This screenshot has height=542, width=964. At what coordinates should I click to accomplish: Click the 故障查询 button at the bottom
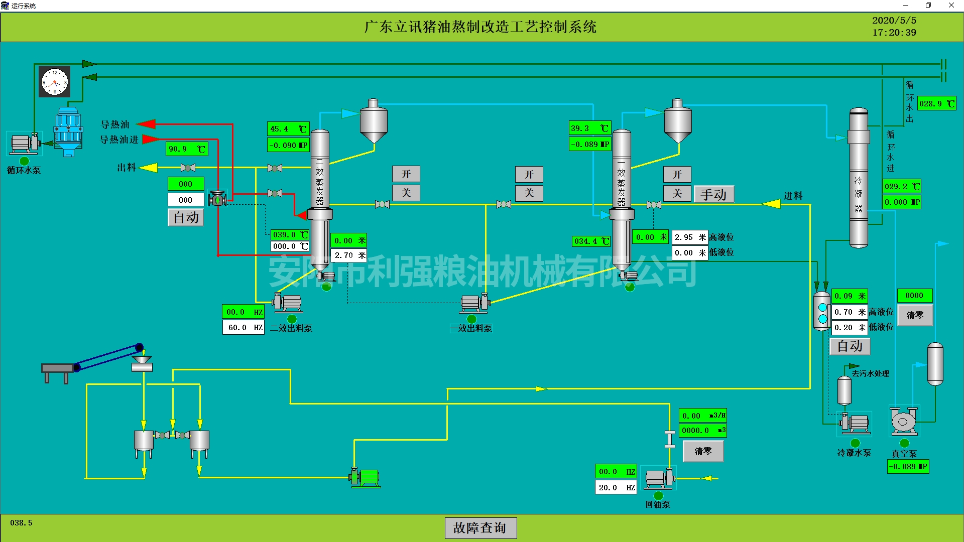480,528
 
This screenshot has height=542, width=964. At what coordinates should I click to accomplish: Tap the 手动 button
713,194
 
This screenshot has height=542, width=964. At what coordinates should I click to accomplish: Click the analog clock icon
55,82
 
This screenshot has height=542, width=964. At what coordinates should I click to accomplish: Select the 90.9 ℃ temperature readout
186,149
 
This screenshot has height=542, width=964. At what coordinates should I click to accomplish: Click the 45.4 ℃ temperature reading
288,129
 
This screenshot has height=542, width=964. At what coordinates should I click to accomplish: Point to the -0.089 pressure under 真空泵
908,467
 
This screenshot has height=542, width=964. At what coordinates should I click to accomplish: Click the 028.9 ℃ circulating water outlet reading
936,104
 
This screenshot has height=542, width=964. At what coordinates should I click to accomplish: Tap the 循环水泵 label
24,171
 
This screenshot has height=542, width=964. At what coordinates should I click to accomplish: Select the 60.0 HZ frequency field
244,328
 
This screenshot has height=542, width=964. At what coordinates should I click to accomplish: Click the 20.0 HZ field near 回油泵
616,487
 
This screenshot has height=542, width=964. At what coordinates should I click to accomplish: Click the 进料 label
793,196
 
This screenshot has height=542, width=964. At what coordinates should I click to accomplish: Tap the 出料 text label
127,168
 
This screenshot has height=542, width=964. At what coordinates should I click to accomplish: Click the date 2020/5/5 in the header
894,21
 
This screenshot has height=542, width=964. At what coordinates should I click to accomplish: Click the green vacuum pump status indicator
904,443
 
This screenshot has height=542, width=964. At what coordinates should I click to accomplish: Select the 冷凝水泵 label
854,453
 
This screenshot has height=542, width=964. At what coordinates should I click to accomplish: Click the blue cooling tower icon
68,131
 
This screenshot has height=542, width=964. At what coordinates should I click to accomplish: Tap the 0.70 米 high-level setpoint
850,312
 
